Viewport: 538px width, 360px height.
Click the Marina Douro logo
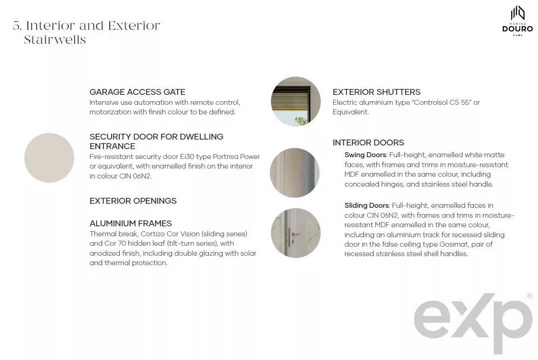(x=517, y=21)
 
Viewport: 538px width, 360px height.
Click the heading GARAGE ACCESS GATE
(x=137, y=92)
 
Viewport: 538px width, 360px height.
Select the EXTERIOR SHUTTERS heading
(x=376, y=92)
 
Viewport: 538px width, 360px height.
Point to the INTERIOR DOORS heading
(x=368, y=142)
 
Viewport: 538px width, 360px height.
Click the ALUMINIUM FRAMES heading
(x=131, y=224)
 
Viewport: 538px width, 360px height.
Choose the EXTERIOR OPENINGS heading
(x=133, y=201)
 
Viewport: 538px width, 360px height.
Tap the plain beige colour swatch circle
(x=49, y=158)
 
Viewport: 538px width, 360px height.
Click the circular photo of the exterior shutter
(x=296, y=101)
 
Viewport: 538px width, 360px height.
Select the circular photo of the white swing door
(x=295, y=173)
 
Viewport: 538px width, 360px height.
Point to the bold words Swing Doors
(x=365, y=155)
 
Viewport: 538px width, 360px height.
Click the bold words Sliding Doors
(x=366, y=206)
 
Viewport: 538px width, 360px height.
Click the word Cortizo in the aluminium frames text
(x=152, y=234)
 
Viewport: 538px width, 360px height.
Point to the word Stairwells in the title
(x=55, y=40)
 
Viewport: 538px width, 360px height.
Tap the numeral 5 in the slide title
(x=17, y=26)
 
